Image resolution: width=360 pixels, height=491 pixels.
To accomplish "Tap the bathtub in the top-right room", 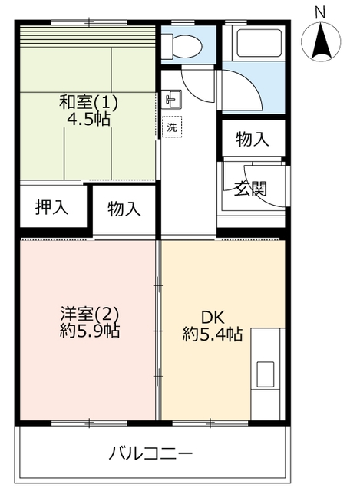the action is click(x=259, y=43).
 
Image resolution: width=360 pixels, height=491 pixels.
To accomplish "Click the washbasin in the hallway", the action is click(x=173, y=99).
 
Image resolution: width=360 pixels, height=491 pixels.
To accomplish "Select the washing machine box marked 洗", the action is click(x=172, y=127).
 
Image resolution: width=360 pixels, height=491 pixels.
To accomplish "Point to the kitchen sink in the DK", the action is click(x=265, y=374).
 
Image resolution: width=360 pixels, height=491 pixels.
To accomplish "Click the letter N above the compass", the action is click(x=320, y=13).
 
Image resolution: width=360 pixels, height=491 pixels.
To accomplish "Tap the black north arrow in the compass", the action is click(x=321, y=41).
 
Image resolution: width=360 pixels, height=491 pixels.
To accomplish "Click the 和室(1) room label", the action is click(x=88, y=102).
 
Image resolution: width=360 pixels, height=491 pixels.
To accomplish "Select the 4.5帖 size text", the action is click(x=89, y=120).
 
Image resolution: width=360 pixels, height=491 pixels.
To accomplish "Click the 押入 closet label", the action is click(x=51, y=207).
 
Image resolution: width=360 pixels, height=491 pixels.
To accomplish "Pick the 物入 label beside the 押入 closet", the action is click(x=124, y=209).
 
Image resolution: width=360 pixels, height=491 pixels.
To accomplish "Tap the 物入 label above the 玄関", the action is click(x=253, y=139).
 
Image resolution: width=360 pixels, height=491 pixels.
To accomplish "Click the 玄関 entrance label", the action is click(x=251, y=189).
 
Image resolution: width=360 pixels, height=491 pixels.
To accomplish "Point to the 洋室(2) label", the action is click(x=89, y=314).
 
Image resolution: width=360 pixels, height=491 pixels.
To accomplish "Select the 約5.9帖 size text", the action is click(x=89, y=331).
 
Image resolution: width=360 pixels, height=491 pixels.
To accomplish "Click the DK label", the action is click(x=213, y=318).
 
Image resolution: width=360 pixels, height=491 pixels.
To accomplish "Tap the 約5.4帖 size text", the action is click(x=213, y=334).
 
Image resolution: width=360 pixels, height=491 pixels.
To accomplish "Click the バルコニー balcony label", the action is click(x=150, y=453).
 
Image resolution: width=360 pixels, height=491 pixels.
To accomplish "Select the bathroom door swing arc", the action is click(x=251, y=83).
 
